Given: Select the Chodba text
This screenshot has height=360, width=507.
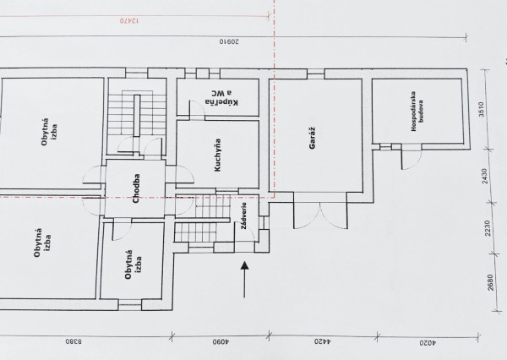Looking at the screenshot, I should click(x=135, y=188).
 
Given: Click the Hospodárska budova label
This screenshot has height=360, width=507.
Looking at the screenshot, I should click(x=421, y=112).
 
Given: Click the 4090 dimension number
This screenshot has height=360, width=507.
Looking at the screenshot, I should click(x=218, y=344).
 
